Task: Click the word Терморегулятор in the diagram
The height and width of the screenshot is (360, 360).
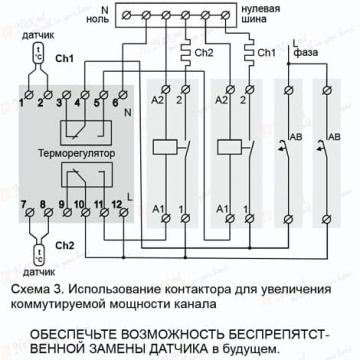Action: (77, 154)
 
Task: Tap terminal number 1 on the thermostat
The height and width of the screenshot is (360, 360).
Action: (30, 94)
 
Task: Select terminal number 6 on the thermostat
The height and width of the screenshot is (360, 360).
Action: (123, 94)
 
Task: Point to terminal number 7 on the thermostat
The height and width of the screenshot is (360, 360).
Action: (31, 212)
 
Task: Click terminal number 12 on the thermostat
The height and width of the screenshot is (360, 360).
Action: (124, 212)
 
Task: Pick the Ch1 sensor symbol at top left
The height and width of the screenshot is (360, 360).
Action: (39, 53)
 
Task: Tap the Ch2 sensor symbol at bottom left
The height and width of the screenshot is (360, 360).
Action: (40, 255)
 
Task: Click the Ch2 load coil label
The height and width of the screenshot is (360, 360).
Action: (204, 53)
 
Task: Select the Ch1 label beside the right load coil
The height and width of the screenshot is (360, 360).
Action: (267, 53)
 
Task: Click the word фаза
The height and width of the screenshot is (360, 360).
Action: (305, 53)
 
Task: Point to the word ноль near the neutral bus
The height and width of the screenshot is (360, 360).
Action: (98, 19)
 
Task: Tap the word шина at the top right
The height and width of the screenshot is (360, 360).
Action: (254, 19)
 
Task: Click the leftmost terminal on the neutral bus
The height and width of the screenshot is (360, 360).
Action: (126, 15)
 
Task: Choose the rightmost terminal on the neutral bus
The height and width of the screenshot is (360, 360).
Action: (226, 15)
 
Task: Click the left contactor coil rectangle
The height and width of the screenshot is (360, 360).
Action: (165, 147)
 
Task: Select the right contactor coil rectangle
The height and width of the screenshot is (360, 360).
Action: (229, 147)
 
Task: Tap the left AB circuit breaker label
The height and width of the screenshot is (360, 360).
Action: (296, 137)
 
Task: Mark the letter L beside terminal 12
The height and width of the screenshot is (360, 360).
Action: (130, 198)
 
